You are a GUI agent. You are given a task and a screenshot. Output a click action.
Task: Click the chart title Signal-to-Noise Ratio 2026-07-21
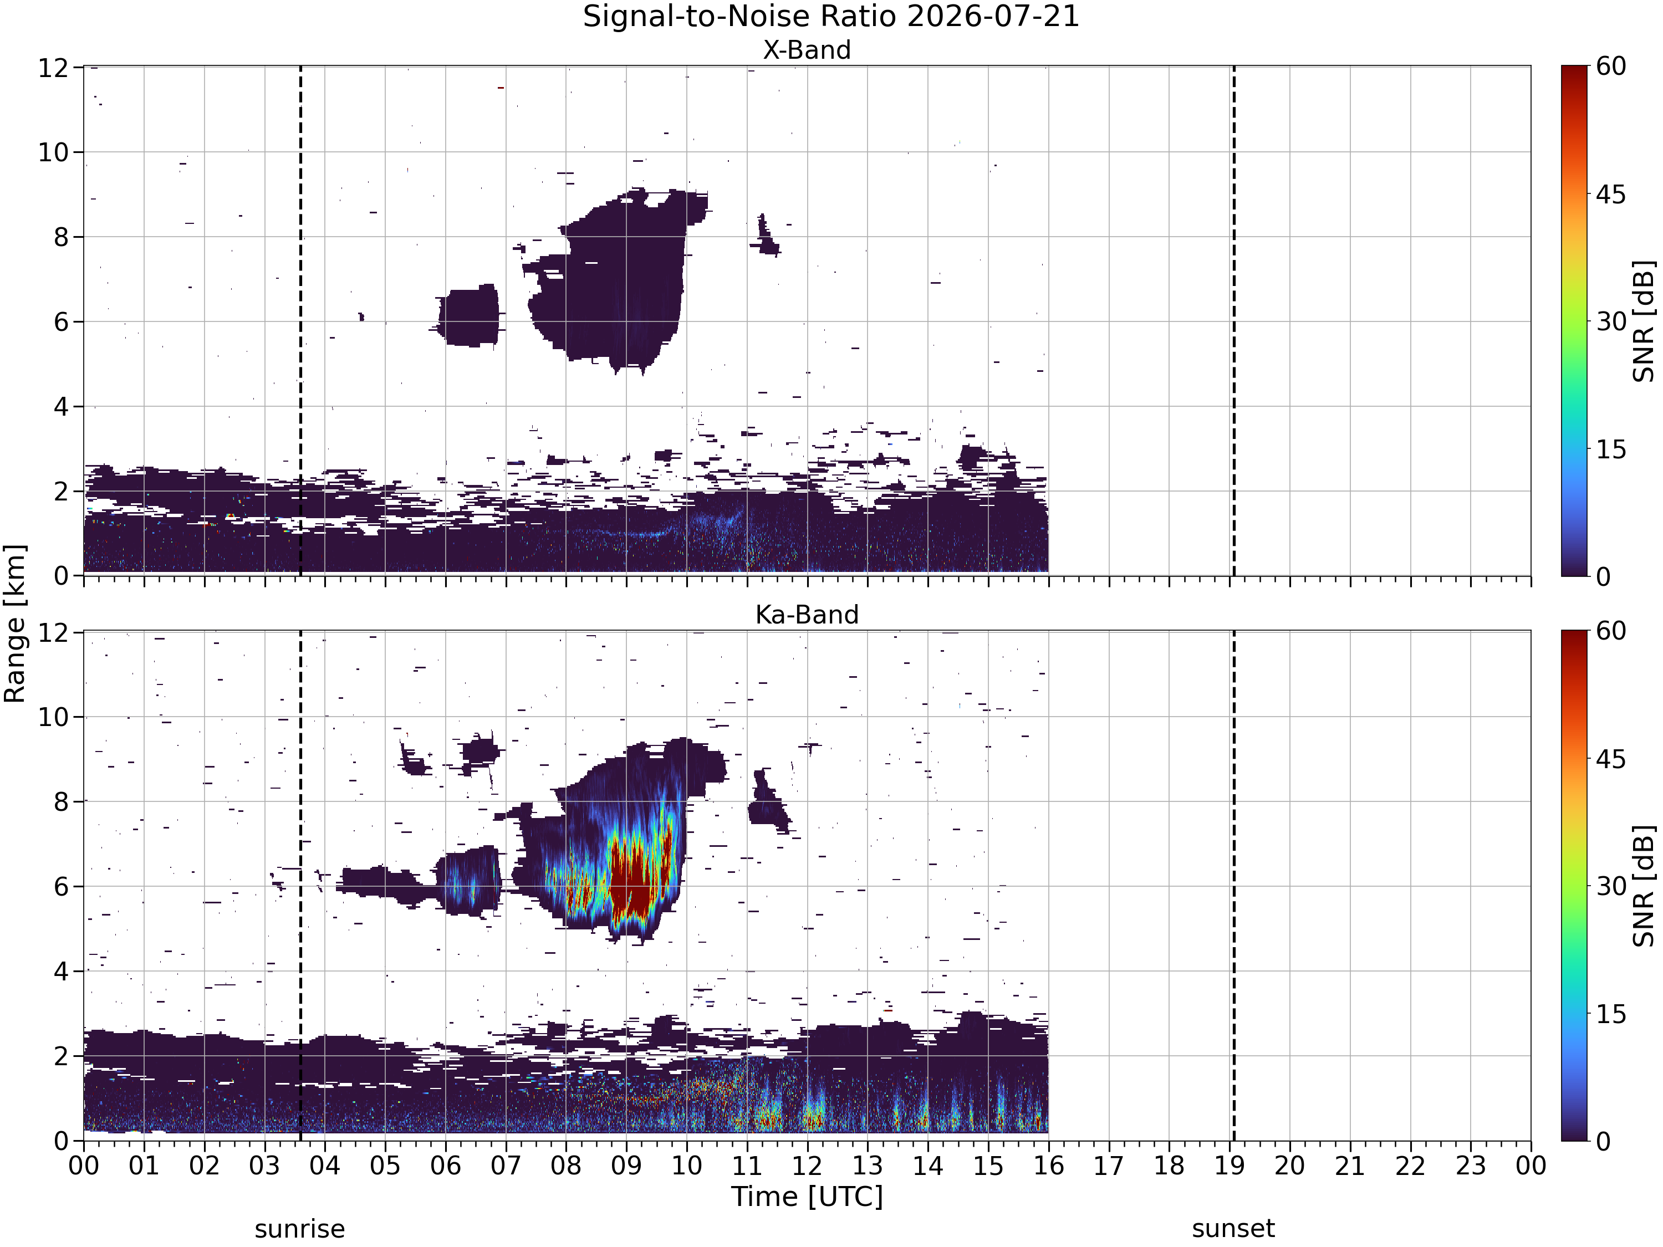831,17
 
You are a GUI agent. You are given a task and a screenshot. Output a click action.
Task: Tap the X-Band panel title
807,50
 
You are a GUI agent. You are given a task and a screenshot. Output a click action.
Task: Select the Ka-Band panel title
807,614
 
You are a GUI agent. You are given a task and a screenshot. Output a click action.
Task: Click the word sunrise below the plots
299,1229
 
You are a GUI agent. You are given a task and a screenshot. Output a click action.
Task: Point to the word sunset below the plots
1233,1229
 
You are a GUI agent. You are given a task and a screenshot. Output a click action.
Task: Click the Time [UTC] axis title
807,1197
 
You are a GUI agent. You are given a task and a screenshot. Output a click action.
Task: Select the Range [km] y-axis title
14,624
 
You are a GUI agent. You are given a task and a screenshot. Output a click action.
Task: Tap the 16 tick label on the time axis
1048,1166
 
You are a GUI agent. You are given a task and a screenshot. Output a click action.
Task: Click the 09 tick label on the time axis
626,1166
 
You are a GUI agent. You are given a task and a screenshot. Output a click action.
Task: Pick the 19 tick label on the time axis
1229,1166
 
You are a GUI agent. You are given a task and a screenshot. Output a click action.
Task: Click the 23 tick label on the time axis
1471,1166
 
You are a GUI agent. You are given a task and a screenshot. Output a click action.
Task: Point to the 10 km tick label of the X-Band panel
53,152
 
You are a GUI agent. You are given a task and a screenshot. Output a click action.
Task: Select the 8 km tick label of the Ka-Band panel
62,802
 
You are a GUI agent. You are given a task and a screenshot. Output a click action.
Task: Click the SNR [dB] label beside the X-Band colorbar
1644,321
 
